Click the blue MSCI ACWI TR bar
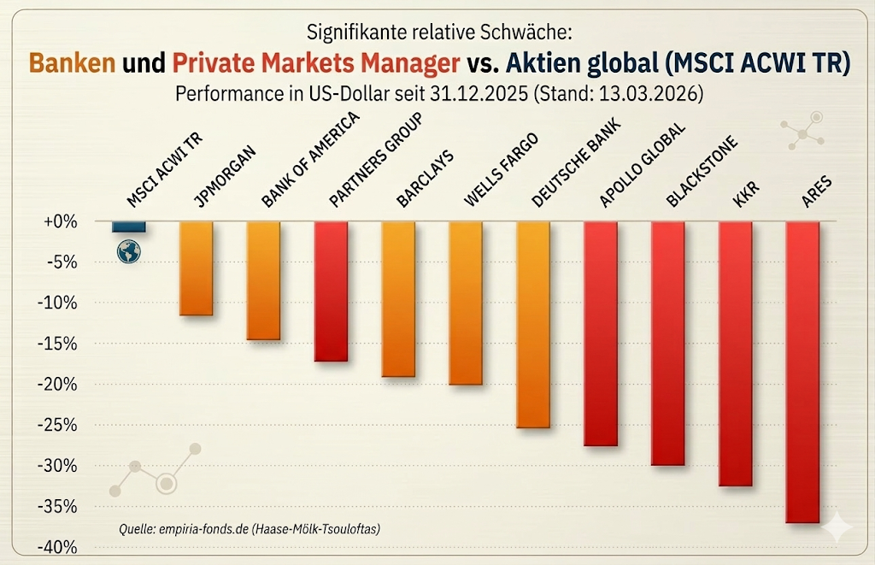point(128,227)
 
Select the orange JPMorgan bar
point(196,268)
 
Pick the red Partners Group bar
point(331,291)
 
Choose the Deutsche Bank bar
point(533,325)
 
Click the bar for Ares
point(802,372)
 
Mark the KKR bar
point(736,354)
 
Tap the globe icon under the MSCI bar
point(129,250)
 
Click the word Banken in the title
point(73,63)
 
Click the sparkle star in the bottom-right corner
point(837,528)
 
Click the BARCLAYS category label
point(424,180)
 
